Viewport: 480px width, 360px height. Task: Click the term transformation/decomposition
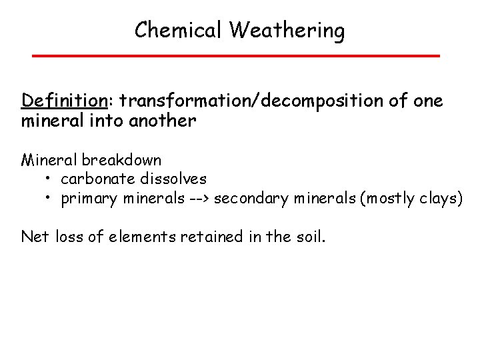(x=246, y=101)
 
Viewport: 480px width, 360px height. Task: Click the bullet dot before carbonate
(x=50, y=180)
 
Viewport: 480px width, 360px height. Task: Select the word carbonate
(x=95, y=180)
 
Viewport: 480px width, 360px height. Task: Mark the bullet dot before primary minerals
(x=50, y=199)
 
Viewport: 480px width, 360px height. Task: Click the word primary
(x=85, y=199)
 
